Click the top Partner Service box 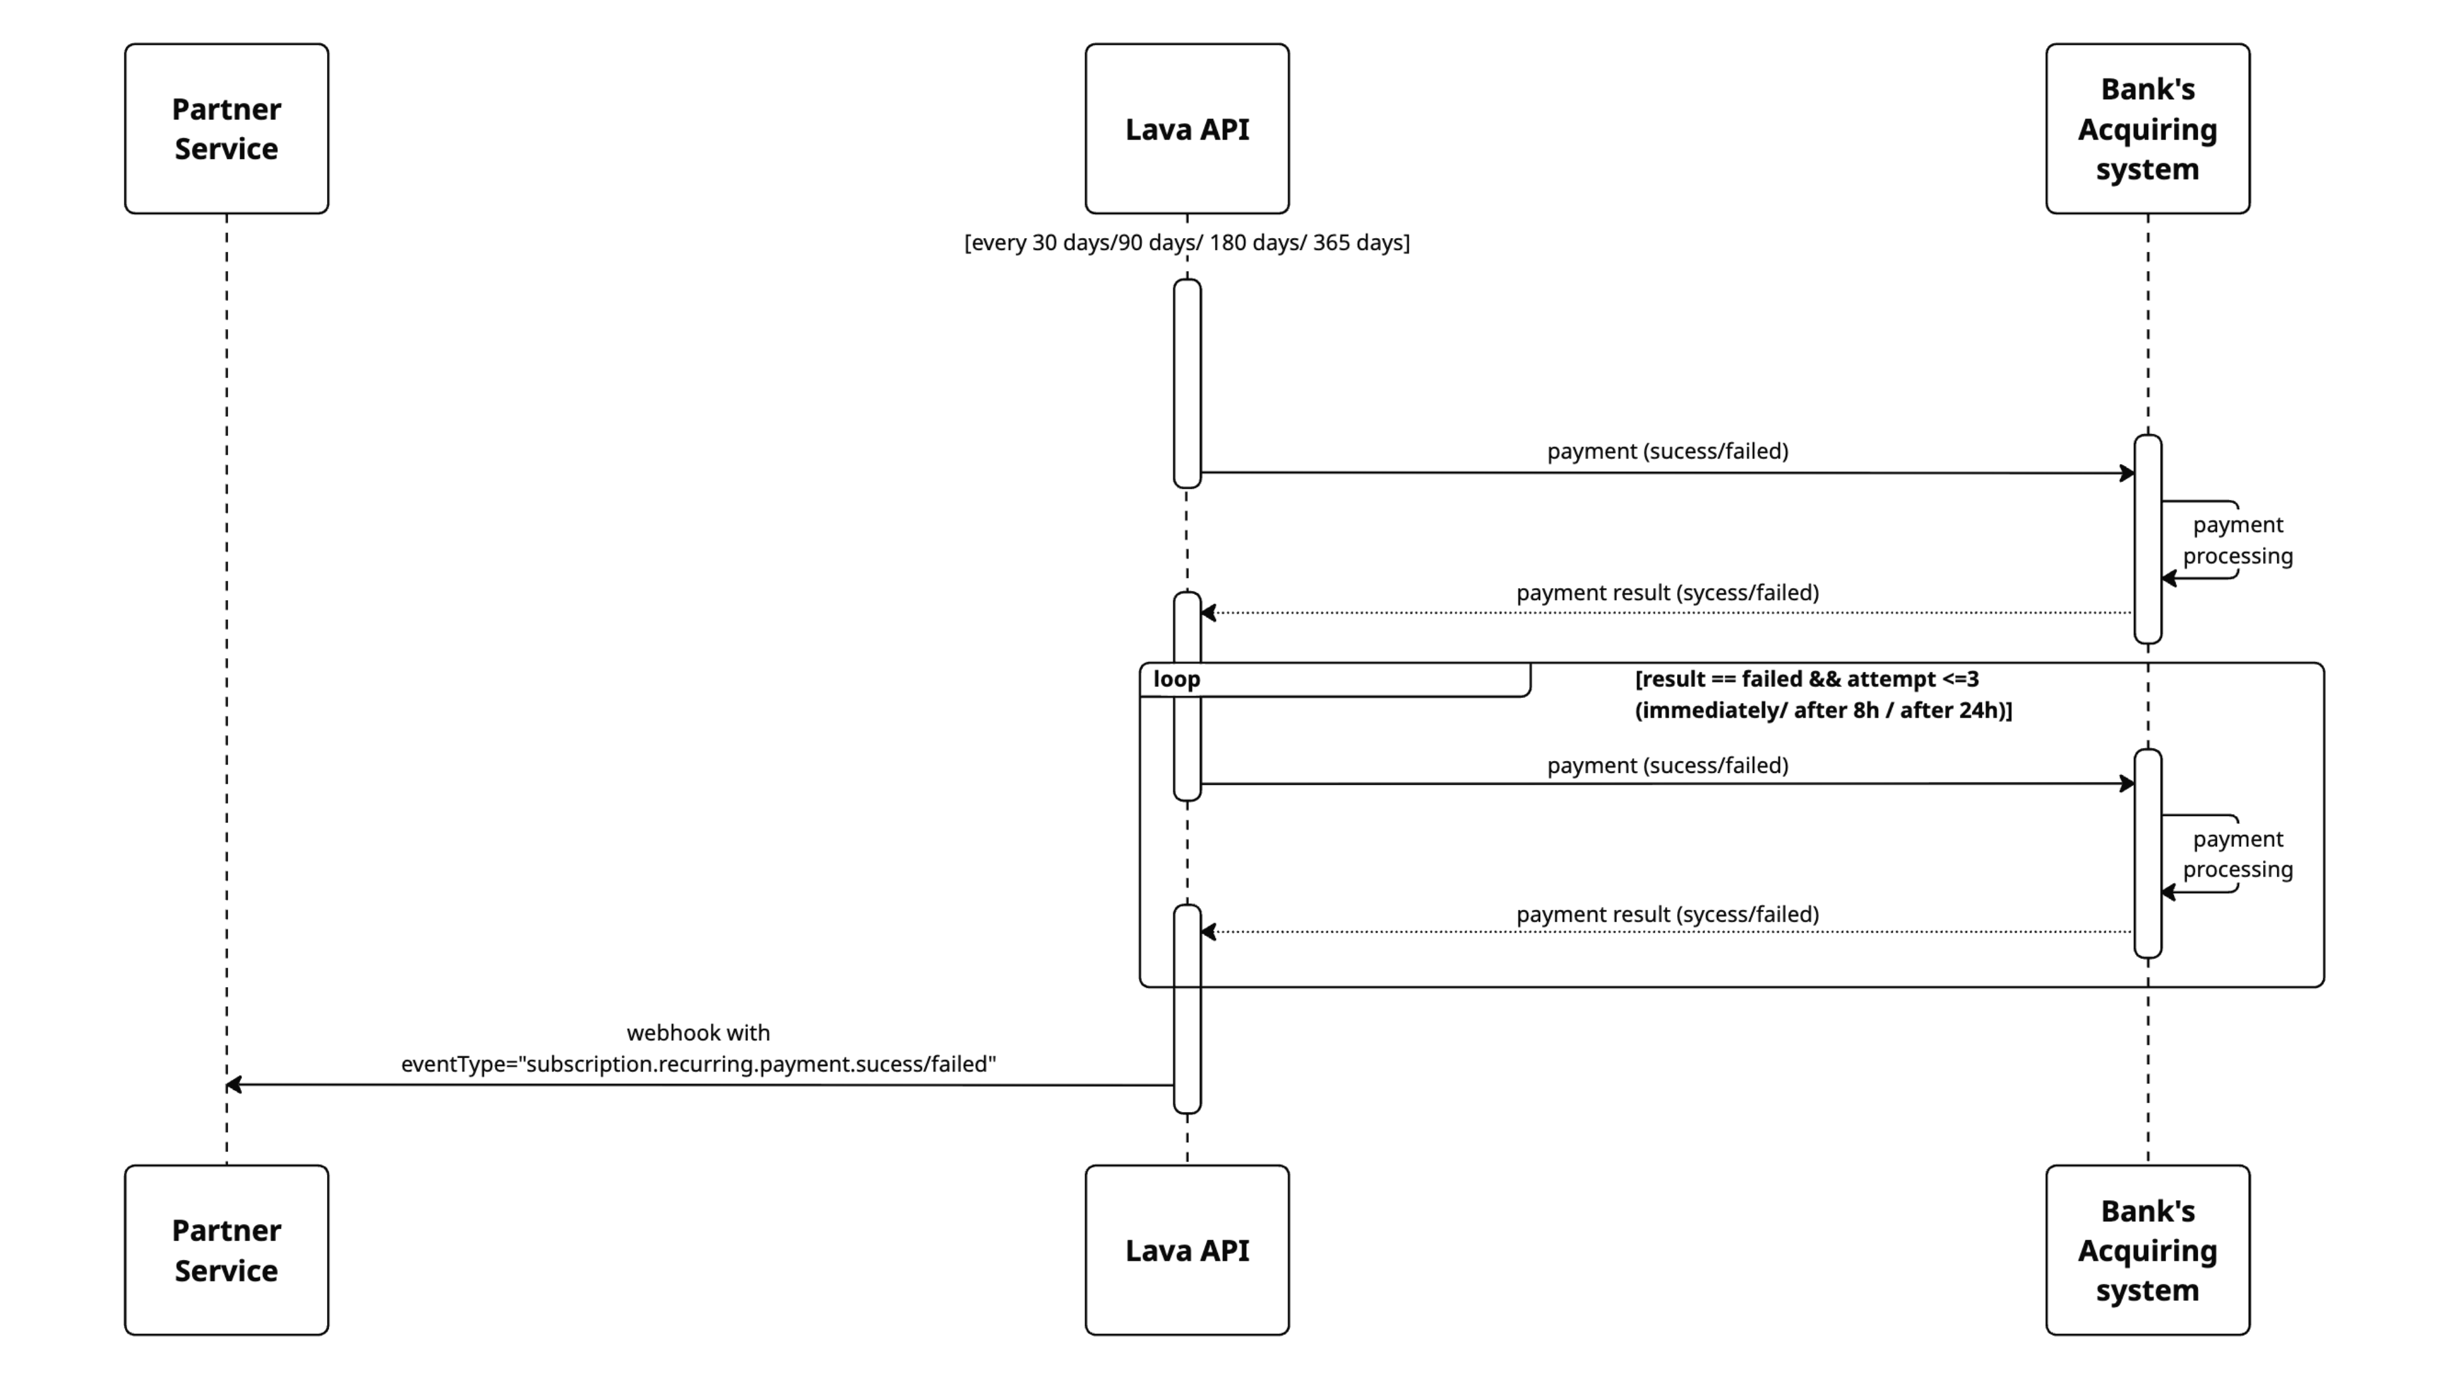pyautogui.click(x=226, y=129)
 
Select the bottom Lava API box pyautogui.click(x=1186, y=1250)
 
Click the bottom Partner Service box pyautogui.click(x=226, y=1250)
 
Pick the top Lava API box pyautogui.click(x=1186, y=129)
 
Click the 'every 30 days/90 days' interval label pyautogui.click(x=1186, y=242)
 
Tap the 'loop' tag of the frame pyautogui.click(x=1177, y=679)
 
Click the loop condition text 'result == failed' pyautogui.click(x=1806, y=679)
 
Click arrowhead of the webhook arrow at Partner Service pyautogui.click(x=234, y=1084)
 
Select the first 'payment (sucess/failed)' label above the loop pyautogui.click(x=1666, y=450)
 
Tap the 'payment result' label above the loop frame pyautogui.click(x=1666, y=592)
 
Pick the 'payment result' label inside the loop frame pyautogui.click(x=1666, y=914)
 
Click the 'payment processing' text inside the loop pyautogui.click(x=2237, y=854)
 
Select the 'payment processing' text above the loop pyautogui.click(x=2237, y=540)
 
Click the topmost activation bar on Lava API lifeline pyautogui.click(x=1186, y=383)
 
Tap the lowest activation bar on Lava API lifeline pyautogui.click(x=1186, y=1008)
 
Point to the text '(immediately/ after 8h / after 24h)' pyautogui.click(x=1822, y=710)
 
